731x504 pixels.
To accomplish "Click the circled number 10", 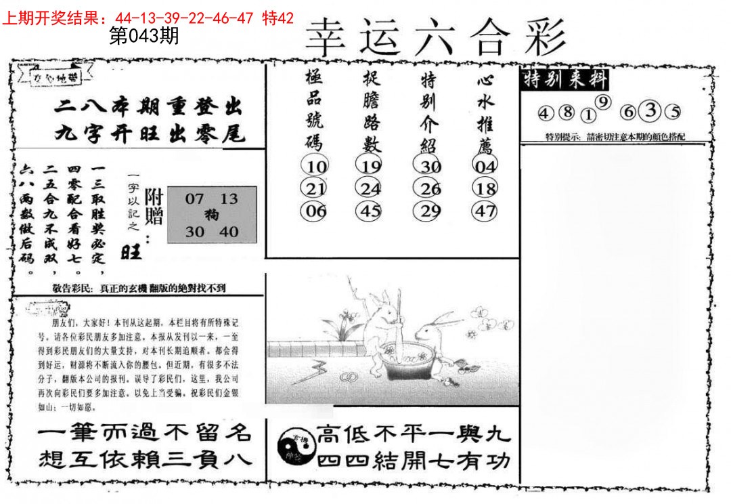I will (x=316, y=166).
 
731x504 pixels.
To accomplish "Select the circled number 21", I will (x=316, y=188).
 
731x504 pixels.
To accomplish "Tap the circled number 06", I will (x=316, y=211).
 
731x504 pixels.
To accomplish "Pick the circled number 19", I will (x=371, y=166).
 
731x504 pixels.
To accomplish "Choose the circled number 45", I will (x=371, y=211).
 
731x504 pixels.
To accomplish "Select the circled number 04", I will (x=485, y=166).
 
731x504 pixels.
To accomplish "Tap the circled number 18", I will (x=485, y=188).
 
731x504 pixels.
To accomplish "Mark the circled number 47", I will (x=485, y=211).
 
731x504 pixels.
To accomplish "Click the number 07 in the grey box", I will (x=194, y=199).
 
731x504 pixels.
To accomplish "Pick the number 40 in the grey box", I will (x=229, y=232).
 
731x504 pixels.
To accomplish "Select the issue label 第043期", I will (x=143, y=37).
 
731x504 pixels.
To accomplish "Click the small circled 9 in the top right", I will (x=605, y=102).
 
